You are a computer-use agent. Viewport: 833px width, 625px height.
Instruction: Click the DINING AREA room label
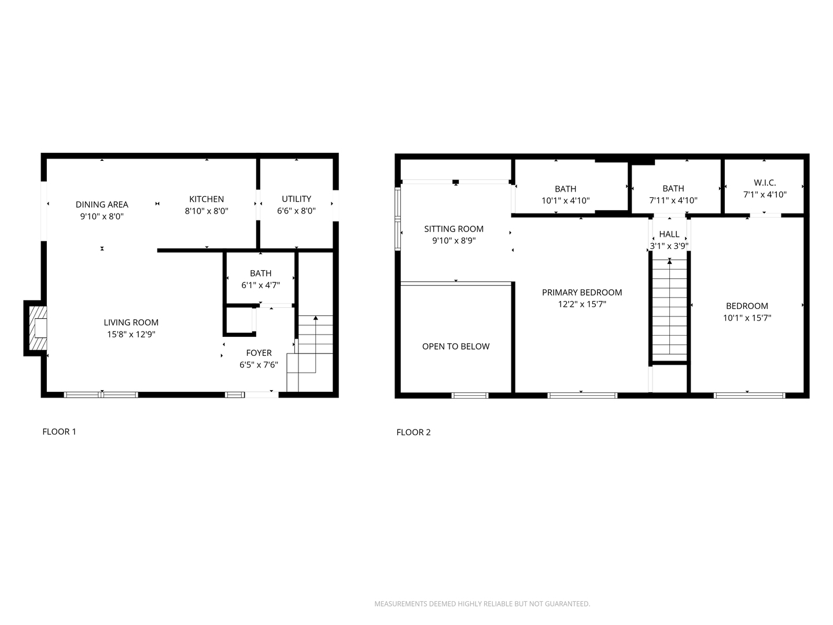click(x=102, y=204)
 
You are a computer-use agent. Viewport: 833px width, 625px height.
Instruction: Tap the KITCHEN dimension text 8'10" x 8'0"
click(x=207, y=211)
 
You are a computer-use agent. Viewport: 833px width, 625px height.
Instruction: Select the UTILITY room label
click(x=296, y=199)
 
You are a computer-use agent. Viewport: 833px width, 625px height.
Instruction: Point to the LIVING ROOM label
click(x=131, y=322)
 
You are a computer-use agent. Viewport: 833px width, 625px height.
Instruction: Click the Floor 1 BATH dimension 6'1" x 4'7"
click(x=261, y=285)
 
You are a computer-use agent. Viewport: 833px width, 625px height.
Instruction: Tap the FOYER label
click(x=259, y=353)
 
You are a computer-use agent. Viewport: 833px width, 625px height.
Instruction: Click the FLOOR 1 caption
click(x=59, y=432)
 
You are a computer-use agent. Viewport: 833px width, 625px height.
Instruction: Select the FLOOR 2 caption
click(x=413, y=432)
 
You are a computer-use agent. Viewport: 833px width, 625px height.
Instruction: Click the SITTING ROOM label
click(x=454, y=229)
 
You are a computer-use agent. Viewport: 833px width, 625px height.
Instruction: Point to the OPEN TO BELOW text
click(x=456, y=346)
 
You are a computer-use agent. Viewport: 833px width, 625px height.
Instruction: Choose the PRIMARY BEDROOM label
click(x=582, y=292)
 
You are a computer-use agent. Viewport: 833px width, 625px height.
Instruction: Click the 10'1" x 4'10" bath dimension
click(x=565, y=200)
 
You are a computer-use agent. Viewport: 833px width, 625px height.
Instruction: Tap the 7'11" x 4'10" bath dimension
click(x=673, y=200)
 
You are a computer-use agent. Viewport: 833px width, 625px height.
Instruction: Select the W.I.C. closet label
click(x=765, y=182)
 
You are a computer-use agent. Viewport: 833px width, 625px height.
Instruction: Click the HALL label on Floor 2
click(x=669, y=234)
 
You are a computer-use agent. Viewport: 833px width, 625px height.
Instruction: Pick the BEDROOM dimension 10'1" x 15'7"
click(x=747, y=318)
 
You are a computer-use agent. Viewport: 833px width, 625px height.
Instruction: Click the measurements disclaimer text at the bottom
click(x=482, y=604)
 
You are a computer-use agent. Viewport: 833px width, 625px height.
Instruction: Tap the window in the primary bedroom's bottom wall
click(x=582, y=395)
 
